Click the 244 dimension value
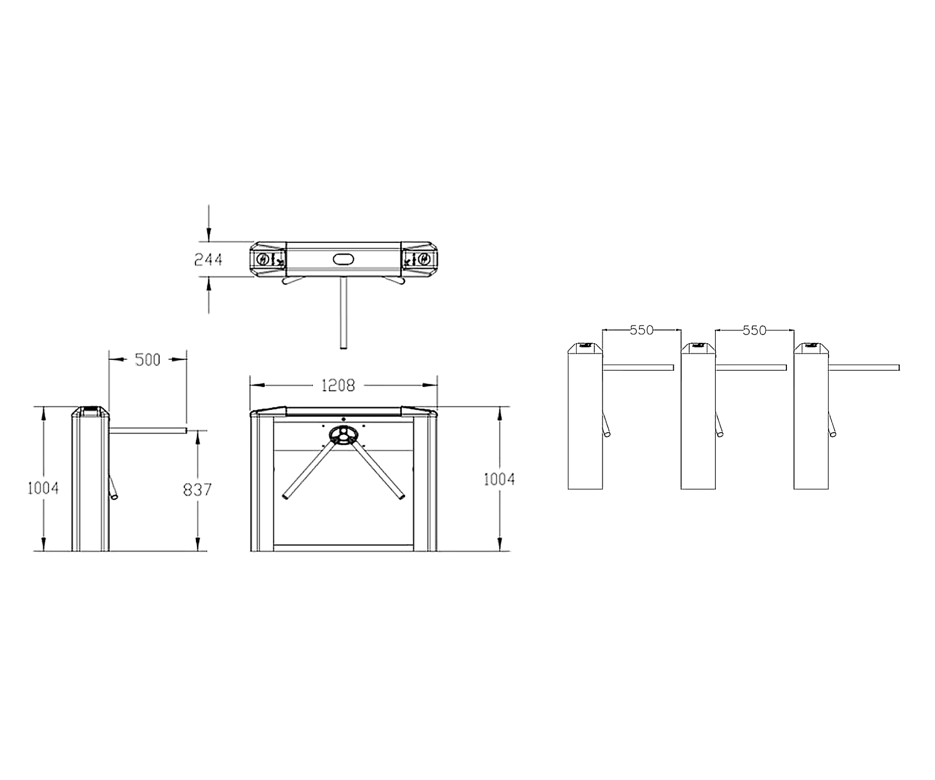pyautogui.click(x=208, y=259)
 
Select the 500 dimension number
pyautogui.click(x=148, y=359)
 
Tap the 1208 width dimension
pyautogui.click(x=338, y=385)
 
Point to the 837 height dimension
pyautogui.click(x=197, y=489)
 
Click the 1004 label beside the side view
pyautogui.click(x=43, y=488)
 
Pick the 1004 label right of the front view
pyautogui.click(x=499, y=479)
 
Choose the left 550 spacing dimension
pyautogui.click(x=642, y=330)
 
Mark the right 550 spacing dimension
pyautogui.click(x=754, y=330)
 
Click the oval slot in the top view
pyautogui.click(x=343, y=258)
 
